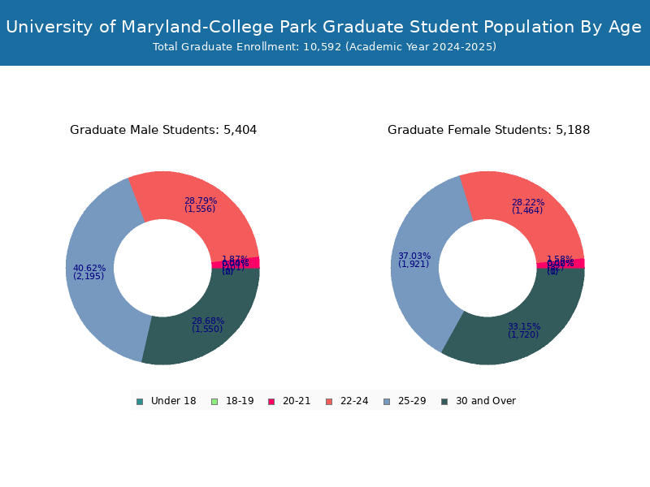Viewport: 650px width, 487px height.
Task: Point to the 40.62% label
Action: [x=89, y=269]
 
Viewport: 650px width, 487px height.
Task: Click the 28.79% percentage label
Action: [x=200, y=200]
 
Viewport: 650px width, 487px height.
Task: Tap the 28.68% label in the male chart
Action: [x=208, y=321]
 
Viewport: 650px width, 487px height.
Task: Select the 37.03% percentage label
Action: [x=414, y=256]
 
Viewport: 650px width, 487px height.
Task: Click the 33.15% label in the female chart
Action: [x=524, y=326]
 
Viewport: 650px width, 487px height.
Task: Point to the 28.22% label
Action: [x=528, y=202]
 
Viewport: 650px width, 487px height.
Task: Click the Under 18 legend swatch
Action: [x=140, y=401]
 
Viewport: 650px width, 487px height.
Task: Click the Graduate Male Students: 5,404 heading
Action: [x=163, y=130]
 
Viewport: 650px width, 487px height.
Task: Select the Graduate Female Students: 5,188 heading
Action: [x=488, y=130]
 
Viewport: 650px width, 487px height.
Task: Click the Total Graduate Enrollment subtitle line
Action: [x=324, y=47]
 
